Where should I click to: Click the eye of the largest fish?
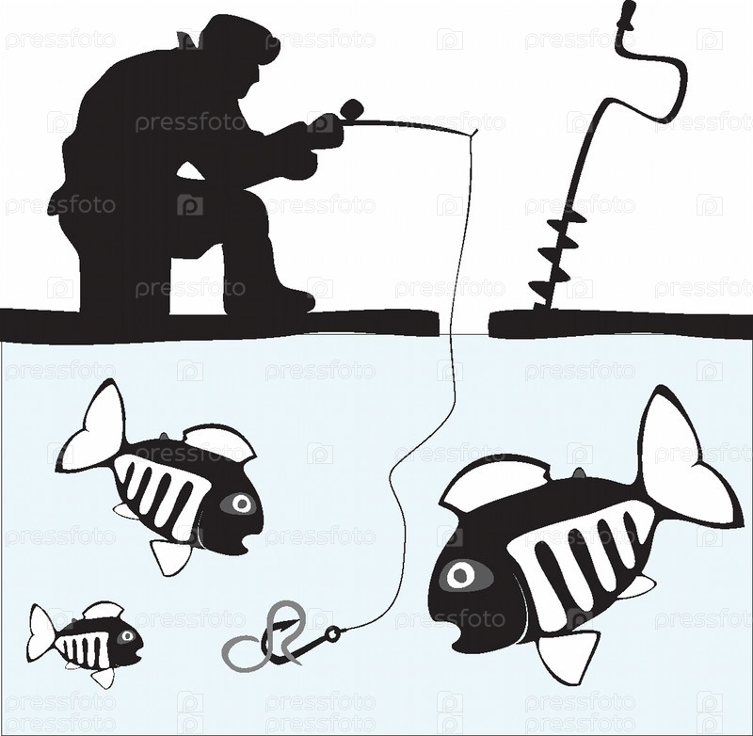(461, 574)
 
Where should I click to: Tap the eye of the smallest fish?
(127, 636)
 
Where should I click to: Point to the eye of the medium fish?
(241, 504)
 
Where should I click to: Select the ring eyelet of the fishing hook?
(332, 634)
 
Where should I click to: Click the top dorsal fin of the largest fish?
(495, 485)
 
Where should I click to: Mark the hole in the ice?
(464, 323)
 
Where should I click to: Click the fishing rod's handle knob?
(351, 109)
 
